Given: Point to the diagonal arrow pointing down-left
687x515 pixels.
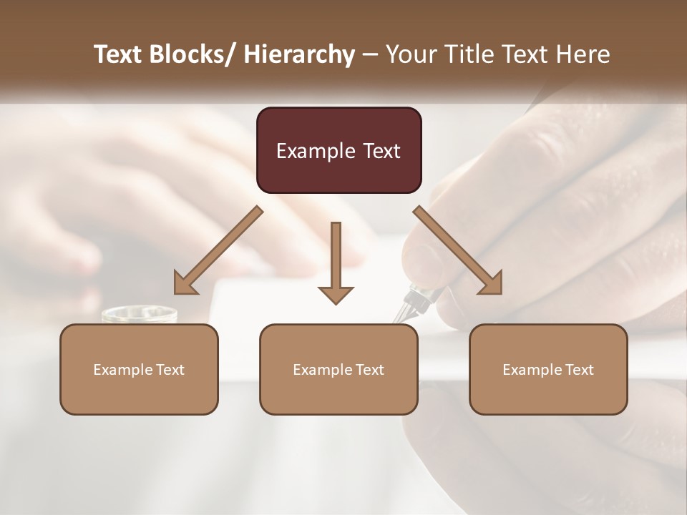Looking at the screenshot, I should point(218,250).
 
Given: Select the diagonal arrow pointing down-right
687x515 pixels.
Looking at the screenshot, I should point(458,250).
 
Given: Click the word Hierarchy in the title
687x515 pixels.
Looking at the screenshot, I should point(299,54).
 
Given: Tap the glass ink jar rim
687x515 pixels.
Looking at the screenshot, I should point(140,313).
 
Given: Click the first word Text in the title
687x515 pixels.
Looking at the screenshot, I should point(118,54).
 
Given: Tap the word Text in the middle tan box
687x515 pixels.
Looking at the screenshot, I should point(370,370).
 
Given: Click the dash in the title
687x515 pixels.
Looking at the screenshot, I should point(370,54).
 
